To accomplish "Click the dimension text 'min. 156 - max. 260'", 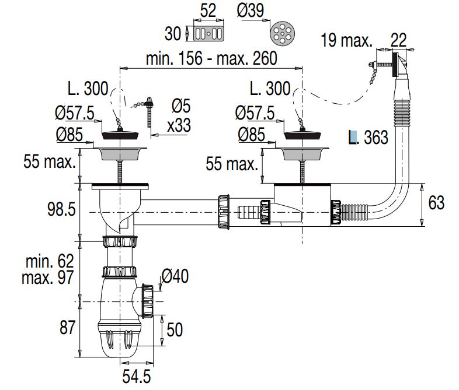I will (x=211, y=58).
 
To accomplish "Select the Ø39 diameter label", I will (x=251, y=12).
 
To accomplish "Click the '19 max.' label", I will (x=346, y=41).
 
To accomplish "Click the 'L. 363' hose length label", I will (x=368, y=138).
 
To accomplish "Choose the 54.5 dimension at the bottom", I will (x=135, y=376).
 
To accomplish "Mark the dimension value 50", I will (x=174, y=329).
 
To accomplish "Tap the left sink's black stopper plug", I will (x=121, y=135).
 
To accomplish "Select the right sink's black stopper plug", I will (x=303, y=135).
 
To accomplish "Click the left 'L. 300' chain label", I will (x=88, y=89).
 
